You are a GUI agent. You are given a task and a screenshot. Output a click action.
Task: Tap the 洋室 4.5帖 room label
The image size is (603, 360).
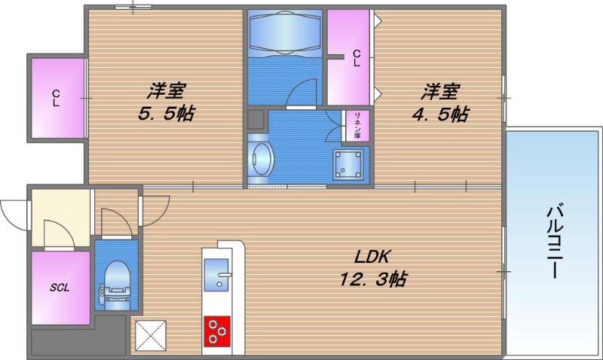pos(441,102)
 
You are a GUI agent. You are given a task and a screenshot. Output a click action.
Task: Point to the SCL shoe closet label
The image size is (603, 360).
pos(60,287)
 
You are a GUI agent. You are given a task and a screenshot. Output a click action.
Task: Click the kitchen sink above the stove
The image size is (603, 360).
pos(220,276)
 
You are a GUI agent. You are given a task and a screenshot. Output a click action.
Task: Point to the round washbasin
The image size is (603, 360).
pos(261,160)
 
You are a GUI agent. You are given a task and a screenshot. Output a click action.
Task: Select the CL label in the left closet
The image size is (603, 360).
pos(56,98)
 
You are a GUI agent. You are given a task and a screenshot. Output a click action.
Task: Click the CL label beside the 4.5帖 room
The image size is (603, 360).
pos(356,58)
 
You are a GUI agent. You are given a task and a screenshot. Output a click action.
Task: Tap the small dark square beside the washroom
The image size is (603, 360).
pos(256,120)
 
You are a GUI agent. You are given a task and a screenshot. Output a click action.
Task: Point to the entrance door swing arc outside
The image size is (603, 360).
pos(14,211)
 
